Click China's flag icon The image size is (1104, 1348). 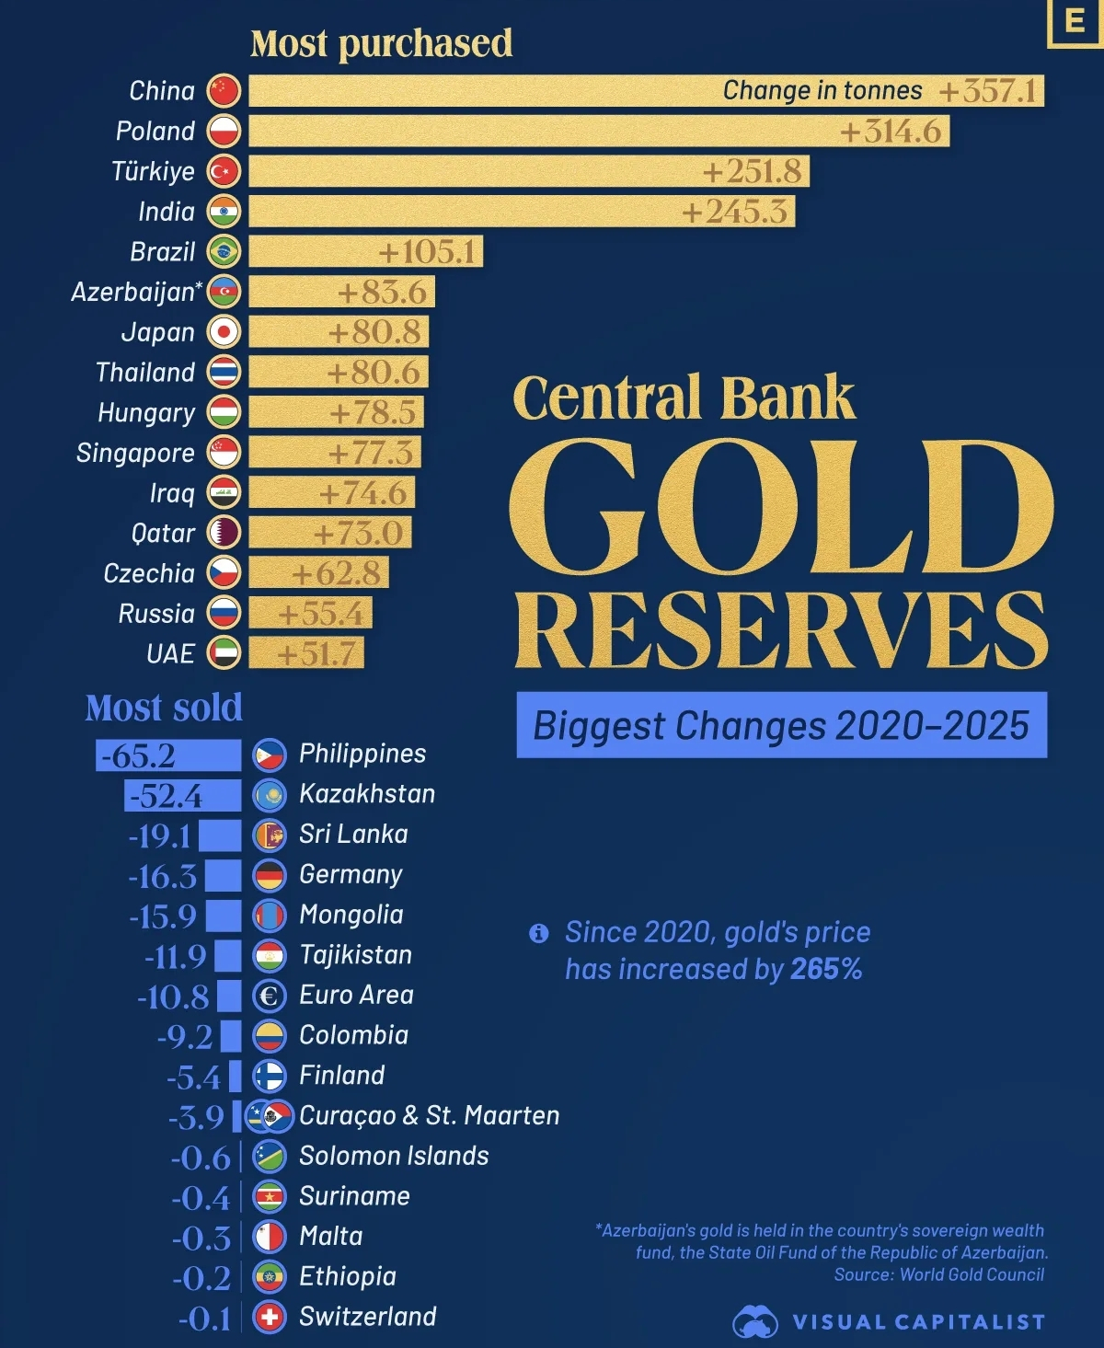pos(224,91)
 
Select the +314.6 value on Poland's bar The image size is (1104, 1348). pos(890,132)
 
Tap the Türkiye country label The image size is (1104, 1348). pos(153,171)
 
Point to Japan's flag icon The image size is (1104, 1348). pos(224,332)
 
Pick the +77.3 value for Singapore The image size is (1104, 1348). pos(371,453)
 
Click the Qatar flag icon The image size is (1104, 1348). pos(224,533)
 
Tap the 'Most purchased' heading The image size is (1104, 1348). pos(381,43)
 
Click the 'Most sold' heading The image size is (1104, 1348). pos(164,708)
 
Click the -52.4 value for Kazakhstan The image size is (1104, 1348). pos(166,796)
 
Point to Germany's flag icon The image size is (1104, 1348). pos(270,875)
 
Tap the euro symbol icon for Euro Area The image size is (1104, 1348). pos(270,996)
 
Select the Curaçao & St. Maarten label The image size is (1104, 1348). pos(429,1116)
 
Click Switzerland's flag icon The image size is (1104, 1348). pos(270,1318)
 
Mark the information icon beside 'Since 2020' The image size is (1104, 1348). pos(539,934)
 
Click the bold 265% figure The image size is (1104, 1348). pos(826,970)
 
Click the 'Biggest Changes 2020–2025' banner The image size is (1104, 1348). pos(781,726)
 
